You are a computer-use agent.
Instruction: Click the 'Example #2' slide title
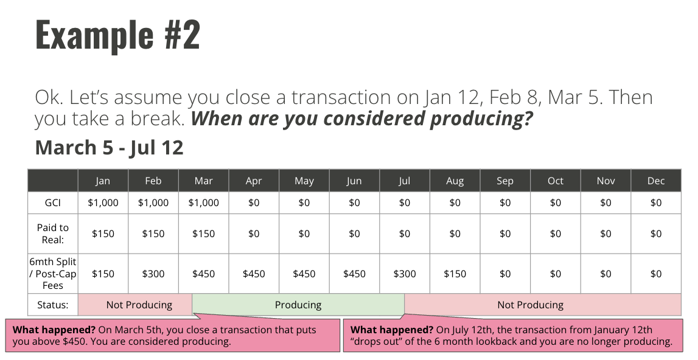click(x=117, y=35)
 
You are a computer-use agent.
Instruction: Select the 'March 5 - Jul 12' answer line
click(x=109, y=147)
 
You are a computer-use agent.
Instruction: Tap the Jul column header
click(x=405, y=181)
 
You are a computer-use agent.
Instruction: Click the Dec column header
click(x=656, y=181)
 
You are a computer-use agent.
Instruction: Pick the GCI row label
click(x=53, y=203)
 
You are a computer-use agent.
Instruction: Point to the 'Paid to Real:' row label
click(x=53, y=234)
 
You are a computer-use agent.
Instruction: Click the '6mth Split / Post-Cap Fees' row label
click(x=53, y=274)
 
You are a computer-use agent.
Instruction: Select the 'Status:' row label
click(x=53, y=305)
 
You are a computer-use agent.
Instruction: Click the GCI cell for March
click(x=203, y=203)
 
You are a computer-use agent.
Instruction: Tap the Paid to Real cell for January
click(x=103, y=234)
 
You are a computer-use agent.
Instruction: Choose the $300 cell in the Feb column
click(x=153, y=274)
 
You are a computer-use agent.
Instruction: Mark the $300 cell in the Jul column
click(x=405, y=274)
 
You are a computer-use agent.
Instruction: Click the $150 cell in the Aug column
click(x=455, y=274)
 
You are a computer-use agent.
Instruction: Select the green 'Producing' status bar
click(x=298, y=305)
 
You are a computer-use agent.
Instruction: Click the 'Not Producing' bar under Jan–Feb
click(x=135, y=305)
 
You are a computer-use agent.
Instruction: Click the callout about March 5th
click(x=173, y=335)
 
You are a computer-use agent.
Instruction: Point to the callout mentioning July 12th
click(x=513, y=335)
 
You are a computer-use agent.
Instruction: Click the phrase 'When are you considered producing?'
click(x=361, y=119)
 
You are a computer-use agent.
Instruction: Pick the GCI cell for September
click(x=505, y=203)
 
